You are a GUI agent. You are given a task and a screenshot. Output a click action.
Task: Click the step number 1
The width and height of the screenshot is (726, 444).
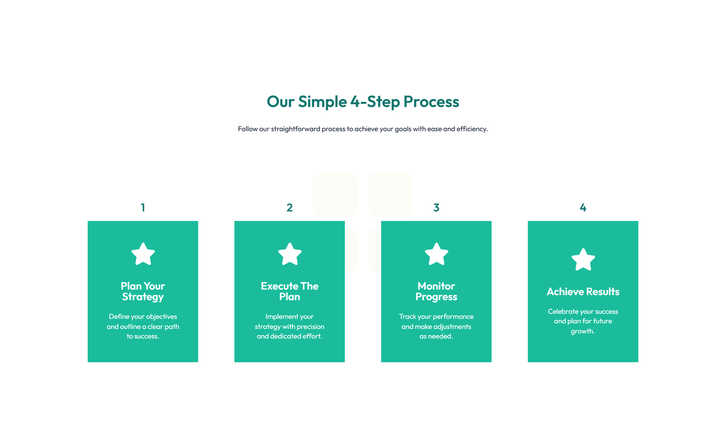[x=143, y=207]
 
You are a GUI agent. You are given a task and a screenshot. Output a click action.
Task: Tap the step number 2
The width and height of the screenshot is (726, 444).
[x=289, y=207]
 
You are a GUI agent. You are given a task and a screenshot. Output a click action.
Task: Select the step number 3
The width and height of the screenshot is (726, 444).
[x=436, y=207]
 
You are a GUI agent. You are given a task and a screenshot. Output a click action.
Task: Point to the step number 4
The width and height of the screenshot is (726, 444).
[x=583, y=207]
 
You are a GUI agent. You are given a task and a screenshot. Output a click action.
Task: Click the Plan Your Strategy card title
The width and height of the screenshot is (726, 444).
[x=143, y=291]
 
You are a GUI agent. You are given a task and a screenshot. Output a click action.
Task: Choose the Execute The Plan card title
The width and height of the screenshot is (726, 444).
[x=289, y=291]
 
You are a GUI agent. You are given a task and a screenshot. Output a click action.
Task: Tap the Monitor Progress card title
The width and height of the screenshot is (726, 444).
[x=436, y=291]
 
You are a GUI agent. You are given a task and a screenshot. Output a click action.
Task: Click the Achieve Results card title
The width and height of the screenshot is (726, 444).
[x=583, y=291]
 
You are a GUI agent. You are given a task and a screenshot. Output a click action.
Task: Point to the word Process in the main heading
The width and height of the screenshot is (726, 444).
[x=431, y=102]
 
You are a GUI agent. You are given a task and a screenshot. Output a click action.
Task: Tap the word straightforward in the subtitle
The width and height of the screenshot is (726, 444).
[x=295, y=129]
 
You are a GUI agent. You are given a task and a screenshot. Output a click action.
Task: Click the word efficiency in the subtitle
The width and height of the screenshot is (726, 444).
[x=472, y=129]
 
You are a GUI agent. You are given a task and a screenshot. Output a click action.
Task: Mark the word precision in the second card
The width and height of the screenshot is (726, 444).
[x=310, y=326]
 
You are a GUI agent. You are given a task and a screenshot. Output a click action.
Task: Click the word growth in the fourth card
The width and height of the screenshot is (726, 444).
[x=582, y=331]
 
